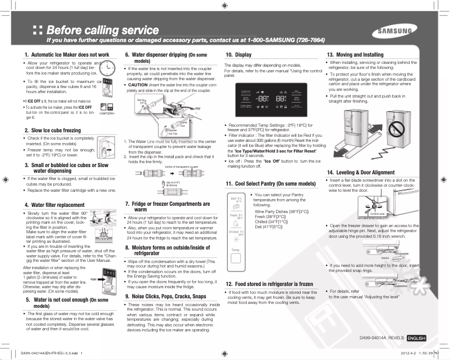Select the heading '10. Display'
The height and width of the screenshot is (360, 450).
[x=238, y=55]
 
